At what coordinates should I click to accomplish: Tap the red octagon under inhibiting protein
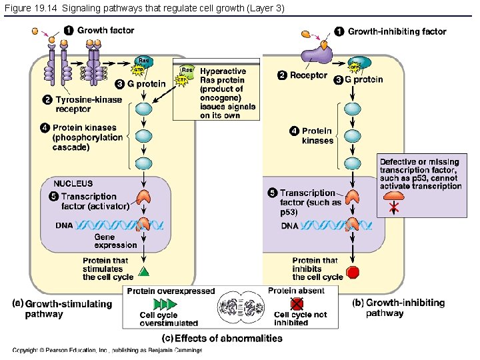click(x=353, y=273)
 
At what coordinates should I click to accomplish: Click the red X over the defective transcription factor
click(x=395, y=208)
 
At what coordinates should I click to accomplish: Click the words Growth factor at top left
click(x=105, y=31)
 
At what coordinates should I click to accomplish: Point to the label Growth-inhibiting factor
click(x=397, y=31)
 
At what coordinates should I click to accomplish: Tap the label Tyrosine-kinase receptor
click(x=89, y=105)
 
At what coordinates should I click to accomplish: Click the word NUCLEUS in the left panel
click(x=73, y=183)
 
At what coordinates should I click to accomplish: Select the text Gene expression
click(x=115, y=241)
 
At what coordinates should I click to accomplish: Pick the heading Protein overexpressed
click(x=171, y=291)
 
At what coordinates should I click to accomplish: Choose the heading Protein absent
click(x=296, y=291)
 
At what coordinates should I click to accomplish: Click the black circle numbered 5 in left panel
click(x=53, y=196)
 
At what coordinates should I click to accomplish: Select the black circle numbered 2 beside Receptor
click(x=282, y=75)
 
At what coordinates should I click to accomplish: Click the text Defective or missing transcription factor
click(x=420, y=174)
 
